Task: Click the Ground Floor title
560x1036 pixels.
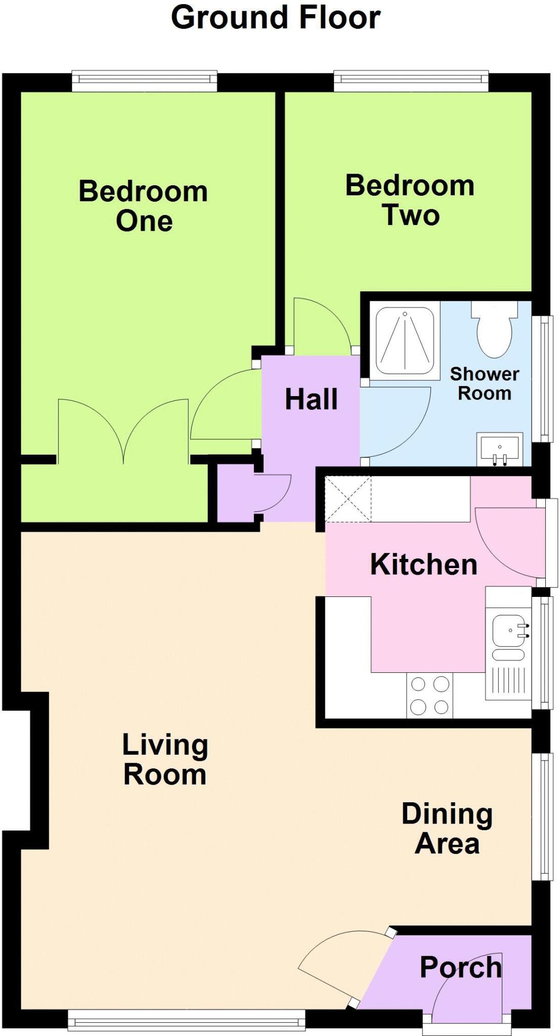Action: coord(276,18)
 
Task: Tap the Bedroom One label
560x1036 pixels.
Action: coord(144,206)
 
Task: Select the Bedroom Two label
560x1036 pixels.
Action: coord(410,200)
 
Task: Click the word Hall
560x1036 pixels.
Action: coord(311,399)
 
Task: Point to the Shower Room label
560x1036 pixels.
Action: coord(484,383)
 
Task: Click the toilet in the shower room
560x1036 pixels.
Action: coord(494,329)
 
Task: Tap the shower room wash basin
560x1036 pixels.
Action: coord(500,449)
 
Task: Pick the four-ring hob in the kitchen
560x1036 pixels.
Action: coord(430,695)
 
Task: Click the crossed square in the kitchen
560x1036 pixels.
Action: coord(348,499)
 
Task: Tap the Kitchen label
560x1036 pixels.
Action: coord(424,564)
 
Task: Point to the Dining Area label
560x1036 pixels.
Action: coord(447,828)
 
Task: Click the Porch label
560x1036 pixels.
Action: coord(460,967)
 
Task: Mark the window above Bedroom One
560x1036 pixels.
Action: coord(144,80)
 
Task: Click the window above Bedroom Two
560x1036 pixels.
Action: coord(411,80)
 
